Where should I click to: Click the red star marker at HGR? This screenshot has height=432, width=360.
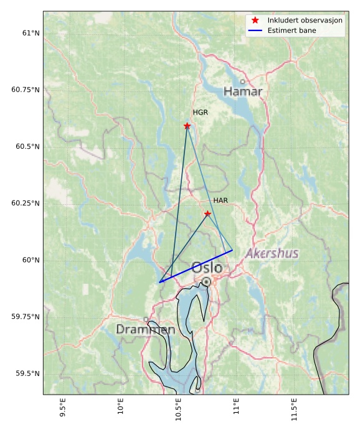(187, 126)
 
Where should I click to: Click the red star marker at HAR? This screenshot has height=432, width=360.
(207, 214)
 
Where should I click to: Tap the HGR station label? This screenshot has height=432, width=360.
(200, 113)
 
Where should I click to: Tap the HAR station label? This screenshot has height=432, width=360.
(220, 200)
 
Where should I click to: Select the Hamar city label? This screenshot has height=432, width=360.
(243, 92)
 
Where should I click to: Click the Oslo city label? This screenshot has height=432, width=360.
(207, 268)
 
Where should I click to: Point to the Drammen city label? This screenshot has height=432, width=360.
(145, 329)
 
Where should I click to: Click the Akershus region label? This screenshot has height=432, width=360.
(272, 253)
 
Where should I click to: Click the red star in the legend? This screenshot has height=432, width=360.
(255, 21)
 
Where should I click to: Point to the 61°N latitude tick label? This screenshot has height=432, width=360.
(31, 32)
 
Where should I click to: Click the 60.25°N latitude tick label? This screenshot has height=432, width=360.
(26, 203)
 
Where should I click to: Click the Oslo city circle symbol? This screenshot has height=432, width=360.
(206, 282)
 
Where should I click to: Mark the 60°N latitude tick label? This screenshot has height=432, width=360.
(31, 260)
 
